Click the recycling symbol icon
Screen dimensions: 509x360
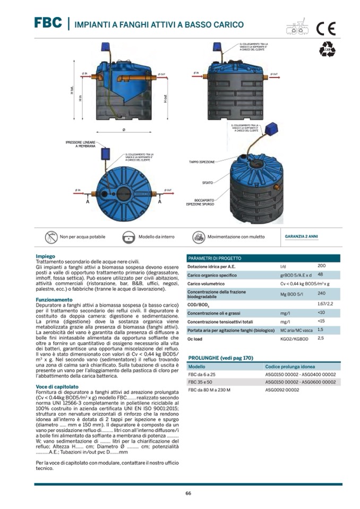pyautogui.click(x=327, y=50)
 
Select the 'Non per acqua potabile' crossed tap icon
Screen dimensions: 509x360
pyautogui.click(x=51, y=237)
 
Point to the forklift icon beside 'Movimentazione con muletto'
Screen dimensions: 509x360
pyautogui.click(x=199, y=237)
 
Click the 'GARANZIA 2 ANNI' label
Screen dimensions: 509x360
pyautogui.click(x=302, y=236)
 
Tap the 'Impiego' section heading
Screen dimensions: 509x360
pyautogui.click(x=45, y=256)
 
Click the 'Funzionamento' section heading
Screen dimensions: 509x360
pyautogui.click(x=54, y=300)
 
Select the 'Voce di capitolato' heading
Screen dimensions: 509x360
pyautogui.click(x=57, y=387)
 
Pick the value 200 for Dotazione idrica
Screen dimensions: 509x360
pyautogui.click(x=321, y=265)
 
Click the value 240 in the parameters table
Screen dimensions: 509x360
pyautogui.click(x=321, y=293)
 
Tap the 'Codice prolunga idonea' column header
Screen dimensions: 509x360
pyautogui.click(x=289, y=367)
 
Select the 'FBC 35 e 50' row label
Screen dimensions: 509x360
pyautogui.click(x=200, y=382)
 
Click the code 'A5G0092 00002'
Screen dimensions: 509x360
pyautogui.click(x=282, y=390)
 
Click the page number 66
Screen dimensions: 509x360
pyautogui.click(x=188, y=493)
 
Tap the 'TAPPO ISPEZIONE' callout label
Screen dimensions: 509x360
pyautogui.click(x=202, y=161)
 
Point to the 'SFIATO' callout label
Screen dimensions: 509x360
pyautogui.click(x=207, y=183)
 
